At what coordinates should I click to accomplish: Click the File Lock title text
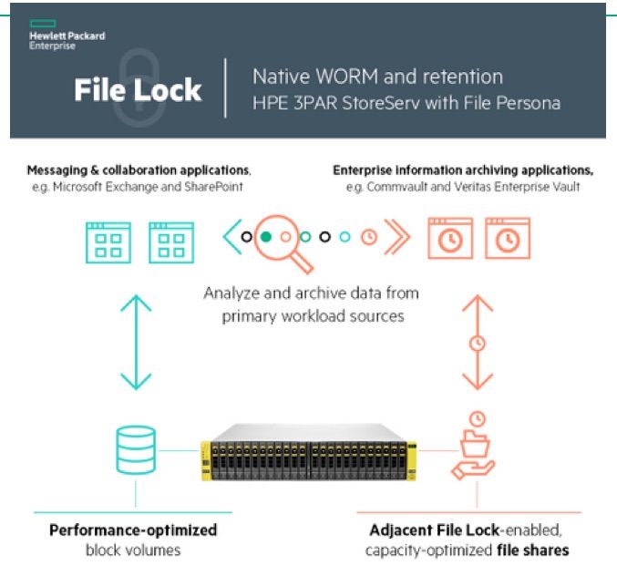coord(138,90)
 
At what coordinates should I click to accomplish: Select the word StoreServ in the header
coord(381,103)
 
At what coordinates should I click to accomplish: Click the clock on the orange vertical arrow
coord(477,344)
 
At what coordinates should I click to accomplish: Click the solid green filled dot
coord(265,237)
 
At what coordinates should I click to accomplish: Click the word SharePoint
coord(218,187)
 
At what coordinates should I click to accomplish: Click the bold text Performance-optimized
coord(133,530)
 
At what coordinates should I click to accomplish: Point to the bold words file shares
coord(534,550)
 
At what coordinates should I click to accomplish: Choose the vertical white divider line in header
coord(225,88)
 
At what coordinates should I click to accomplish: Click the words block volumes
coord(133,550)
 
